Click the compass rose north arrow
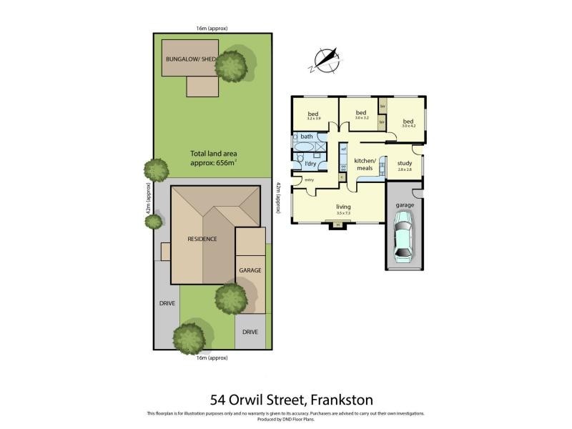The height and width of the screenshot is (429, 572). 325,59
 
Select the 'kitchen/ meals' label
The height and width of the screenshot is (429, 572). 365,164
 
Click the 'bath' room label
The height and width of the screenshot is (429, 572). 307,137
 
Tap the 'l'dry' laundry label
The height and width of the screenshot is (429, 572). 310,164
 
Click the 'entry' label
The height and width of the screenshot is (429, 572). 310,179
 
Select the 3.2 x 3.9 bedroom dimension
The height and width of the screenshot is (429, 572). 313,119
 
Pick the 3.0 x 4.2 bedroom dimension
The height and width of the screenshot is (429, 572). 408,127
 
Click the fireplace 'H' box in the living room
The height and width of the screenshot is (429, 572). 337,225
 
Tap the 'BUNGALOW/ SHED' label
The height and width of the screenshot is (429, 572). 189,59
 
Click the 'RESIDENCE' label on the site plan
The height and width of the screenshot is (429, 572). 202,239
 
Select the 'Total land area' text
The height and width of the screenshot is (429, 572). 213,153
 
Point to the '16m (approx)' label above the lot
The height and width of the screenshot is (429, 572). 212,29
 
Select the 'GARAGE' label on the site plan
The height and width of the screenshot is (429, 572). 250,271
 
